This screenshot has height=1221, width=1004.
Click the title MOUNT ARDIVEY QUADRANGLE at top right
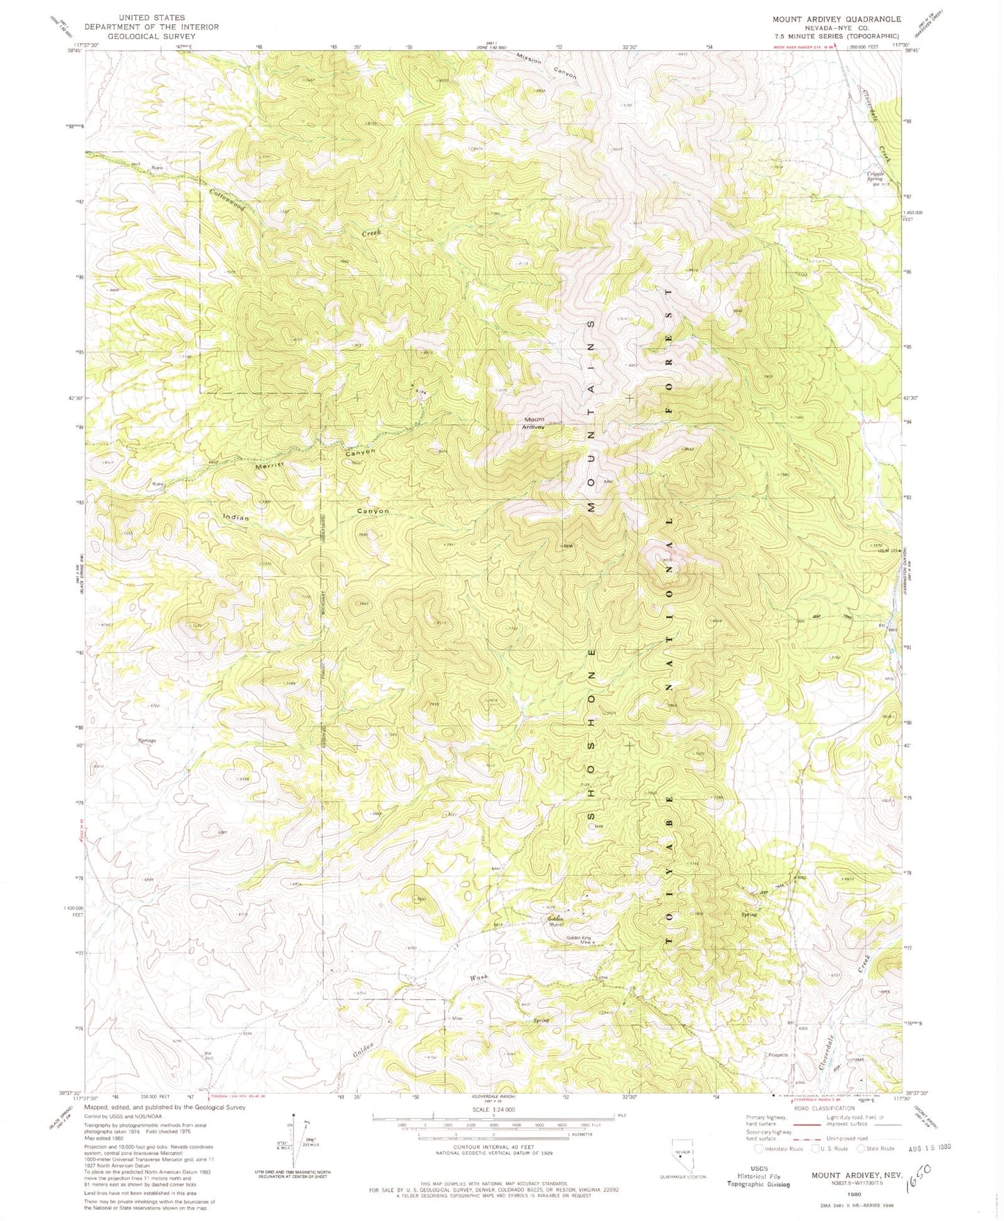click(837, 19)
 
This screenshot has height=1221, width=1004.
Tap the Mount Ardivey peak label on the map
click(534, 423)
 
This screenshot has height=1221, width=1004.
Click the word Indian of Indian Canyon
click(236, 518)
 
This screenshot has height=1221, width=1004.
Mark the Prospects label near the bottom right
click(778, 1055)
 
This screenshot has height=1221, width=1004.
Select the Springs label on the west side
click(147, 741)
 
